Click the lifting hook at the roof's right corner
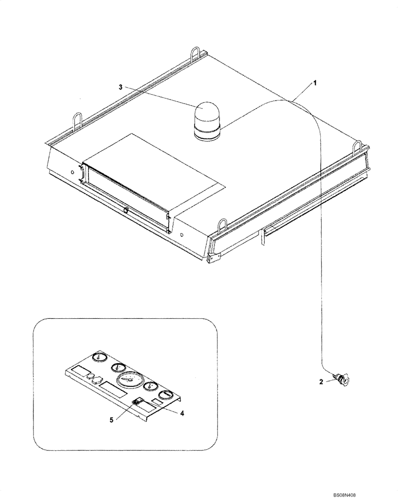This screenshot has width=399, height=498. coord(357,148)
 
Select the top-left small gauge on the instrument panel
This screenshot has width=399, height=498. coord(100,358)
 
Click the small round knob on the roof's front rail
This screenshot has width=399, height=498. coord(126,211)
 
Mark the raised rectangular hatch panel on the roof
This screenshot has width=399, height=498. coord(155,169)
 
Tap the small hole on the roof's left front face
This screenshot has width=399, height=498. coord(73,171)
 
